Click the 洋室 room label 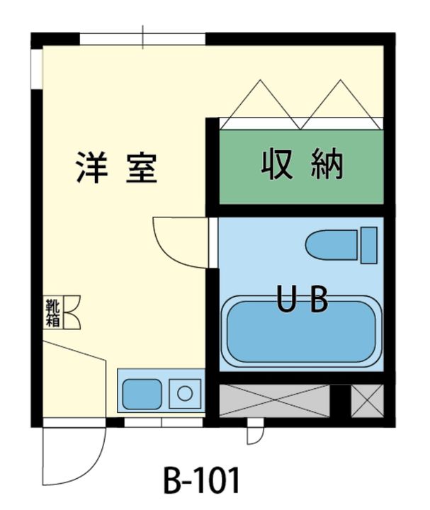point(116,168)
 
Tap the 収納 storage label point(302,165)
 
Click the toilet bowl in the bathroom point(332,246)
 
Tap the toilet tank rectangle point(368,245)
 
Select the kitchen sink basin point(142,394)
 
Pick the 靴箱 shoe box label point(52,312)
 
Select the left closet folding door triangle point(261,103)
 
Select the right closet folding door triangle point(342,103)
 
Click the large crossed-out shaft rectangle point(274,402)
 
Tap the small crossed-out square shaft point(367,402)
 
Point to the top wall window point(143,38)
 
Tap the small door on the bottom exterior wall point(254,432)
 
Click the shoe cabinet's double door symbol point(72,312)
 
